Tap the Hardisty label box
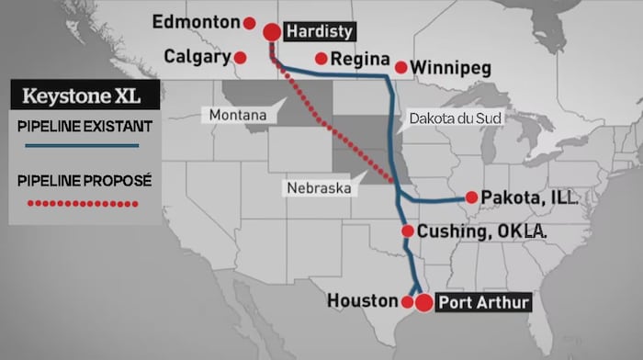coord(319,32)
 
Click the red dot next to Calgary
coord(241,58)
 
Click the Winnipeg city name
coord(451,68)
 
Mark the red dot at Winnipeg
coord(400,67)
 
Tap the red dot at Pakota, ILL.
coord(471,197)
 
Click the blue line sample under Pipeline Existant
coord(83,145)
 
